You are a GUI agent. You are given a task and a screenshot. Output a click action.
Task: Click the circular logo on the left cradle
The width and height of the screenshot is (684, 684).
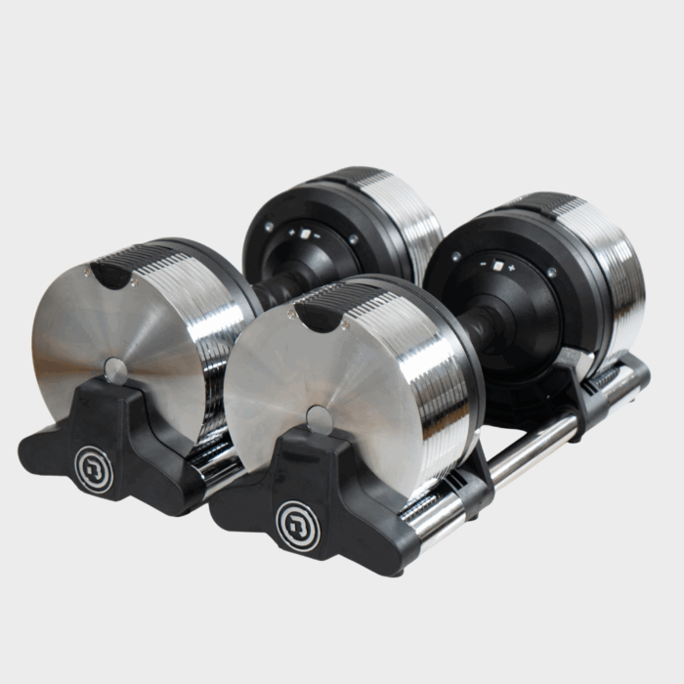coord(94,467)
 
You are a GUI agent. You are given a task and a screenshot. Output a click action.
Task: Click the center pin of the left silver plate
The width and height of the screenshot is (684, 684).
coord(115,369)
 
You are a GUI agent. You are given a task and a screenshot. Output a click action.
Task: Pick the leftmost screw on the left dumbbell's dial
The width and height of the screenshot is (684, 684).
coord(266,227)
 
